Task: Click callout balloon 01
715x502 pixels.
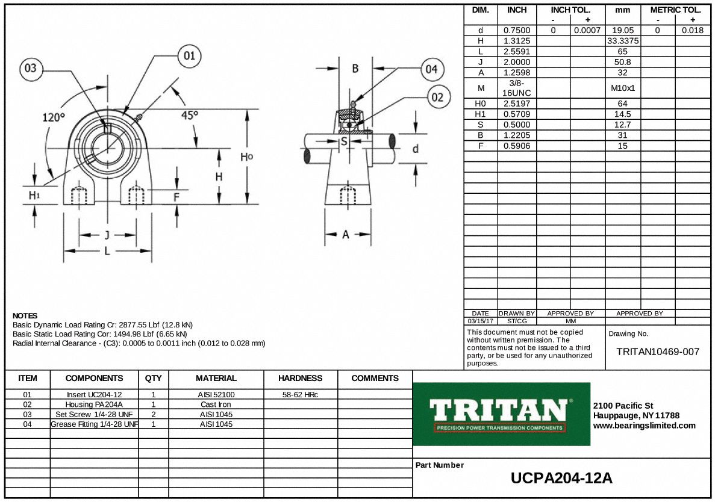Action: [x=189, y=57]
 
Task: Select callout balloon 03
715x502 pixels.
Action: [x=31, y=69]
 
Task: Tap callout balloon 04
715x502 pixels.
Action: [x=431, y=69]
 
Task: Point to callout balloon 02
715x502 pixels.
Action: [x=439, y=97]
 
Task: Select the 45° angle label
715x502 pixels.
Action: [x=190, y=116]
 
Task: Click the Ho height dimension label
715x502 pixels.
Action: [x=246, y=157]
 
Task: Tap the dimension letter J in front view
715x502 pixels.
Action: [x=107, y=235]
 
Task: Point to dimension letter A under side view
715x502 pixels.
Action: [x=346, y=235]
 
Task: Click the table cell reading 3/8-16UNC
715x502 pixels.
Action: [x=517, y=88]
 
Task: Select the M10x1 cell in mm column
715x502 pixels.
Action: [x=623, y=88]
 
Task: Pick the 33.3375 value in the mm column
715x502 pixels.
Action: [x=623, y=41]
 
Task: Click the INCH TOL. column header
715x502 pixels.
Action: [x=570, y=10]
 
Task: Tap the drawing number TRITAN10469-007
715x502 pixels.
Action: [x=658, y=352]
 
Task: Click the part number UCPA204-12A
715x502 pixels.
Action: [x=561, y=479]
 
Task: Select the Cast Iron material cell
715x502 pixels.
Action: [x=216, y=404]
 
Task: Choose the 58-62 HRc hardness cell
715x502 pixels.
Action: [x=300, y=395]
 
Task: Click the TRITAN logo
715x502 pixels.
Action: [x=501, y=414]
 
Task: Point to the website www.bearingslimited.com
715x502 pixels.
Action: [x=644, y=426]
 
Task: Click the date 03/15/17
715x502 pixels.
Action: [x=480, y=321]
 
